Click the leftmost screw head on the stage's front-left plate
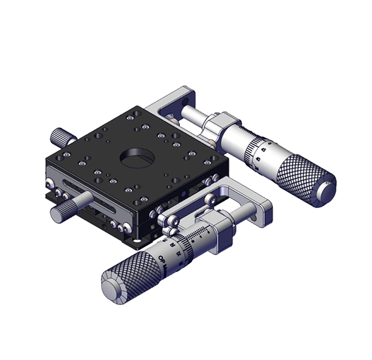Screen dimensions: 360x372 (x=49, y=183)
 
